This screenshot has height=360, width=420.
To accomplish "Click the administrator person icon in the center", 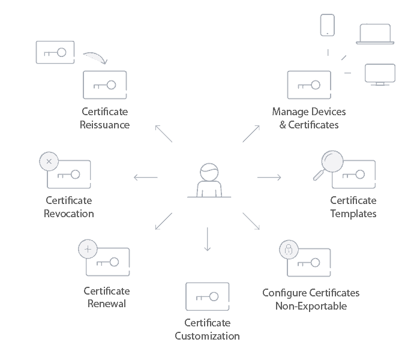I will tap(209, 179).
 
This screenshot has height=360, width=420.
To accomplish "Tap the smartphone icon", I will tap(327, 26).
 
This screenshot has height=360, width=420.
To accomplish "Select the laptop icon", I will tap(375, 34).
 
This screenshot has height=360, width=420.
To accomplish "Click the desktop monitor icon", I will tap(380, 74).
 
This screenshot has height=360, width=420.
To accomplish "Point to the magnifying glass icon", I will tap(329, 164).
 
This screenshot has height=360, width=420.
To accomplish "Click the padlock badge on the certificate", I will tap(289, 250).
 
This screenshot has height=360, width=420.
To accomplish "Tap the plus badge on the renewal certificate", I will tap(88, 249).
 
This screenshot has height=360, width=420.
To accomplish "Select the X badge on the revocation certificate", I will tap(49, 161).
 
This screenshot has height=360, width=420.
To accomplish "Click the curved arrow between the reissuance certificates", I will tap(94, 58).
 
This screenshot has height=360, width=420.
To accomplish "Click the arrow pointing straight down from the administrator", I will tap(208, 239).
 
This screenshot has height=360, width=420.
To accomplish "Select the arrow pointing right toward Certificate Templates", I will tap(269, 177).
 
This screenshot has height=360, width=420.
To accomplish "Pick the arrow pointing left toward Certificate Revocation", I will tap(146, 178).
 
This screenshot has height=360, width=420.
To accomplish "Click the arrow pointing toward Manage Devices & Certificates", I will tap(251, 134).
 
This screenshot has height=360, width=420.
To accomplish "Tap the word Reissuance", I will tap(104, 125).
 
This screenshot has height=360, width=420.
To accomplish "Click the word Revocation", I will tap(69, 214).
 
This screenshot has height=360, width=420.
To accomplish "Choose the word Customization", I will tap(208, 336).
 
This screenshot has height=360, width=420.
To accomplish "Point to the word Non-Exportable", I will tap(311, 306).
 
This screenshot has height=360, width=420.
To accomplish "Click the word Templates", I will tap(353, 214).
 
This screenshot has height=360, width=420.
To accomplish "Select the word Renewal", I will tap(107, 304).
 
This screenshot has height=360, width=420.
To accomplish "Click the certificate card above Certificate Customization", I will tap(208, 296).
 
